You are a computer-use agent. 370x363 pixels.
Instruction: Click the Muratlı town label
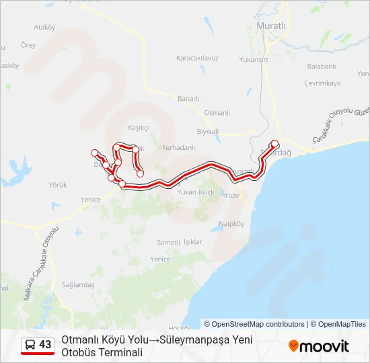pyautogui.click(x=271, y=26)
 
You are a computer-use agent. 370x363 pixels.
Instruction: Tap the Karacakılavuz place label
pyautogui.click(x=197, y=58)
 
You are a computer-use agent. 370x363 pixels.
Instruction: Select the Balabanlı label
pyautogui.click(x=321, y=66)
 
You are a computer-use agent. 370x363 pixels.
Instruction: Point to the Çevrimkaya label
pyautogui.click(x=322, y=83)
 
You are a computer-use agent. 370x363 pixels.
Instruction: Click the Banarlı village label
pyautogui.click(x=188, y=98)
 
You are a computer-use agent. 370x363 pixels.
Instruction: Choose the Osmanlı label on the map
pyautogui.click(x=217, y=113)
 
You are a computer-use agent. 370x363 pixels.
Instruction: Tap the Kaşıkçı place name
pyautogui.click(x=138, y=128)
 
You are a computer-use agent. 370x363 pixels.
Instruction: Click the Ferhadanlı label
pyautogui.click(x=179, y=147)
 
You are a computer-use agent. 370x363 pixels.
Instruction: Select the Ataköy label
pyautogui.click(x=44, y=28)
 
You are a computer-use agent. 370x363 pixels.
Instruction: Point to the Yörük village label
pyautogui.click(x=59, y=185)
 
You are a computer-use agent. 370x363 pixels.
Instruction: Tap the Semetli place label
pyautogui.click(x=168, y=242)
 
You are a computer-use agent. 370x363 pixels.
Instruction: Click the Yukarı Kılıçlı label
pyautogui.click(x=195, y=192)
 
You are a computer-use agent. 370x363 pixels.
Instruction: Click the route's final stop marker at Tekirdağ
pyautogui.click(x=274, y=143)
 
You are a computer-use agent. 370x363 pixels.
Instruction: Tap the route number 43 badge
pyautogui.click(x=45, y=344)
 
